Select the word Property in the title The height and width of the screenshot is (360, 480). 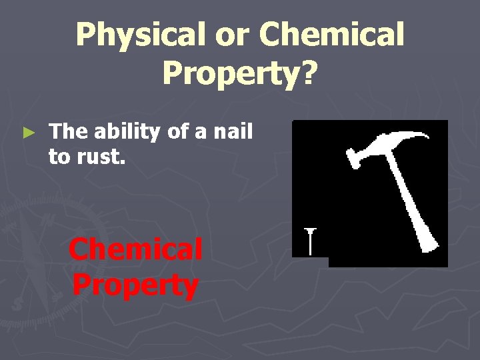click(x=231, y=72)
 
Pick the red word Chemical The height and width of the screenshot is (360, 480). click(x=135, y=250)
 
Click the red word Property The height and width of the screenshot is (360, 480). click(x=135, y=285)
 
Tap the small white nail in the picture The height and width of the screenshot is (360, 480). click(x=310, y=241)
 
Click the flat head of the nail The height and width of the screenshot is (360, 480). click(x=310, y=231)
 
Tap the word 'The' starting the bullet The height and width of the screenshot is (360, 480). click(x=65, y=131)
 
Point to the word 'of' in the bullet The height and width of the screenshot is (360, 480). click(x=177, y=131)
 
